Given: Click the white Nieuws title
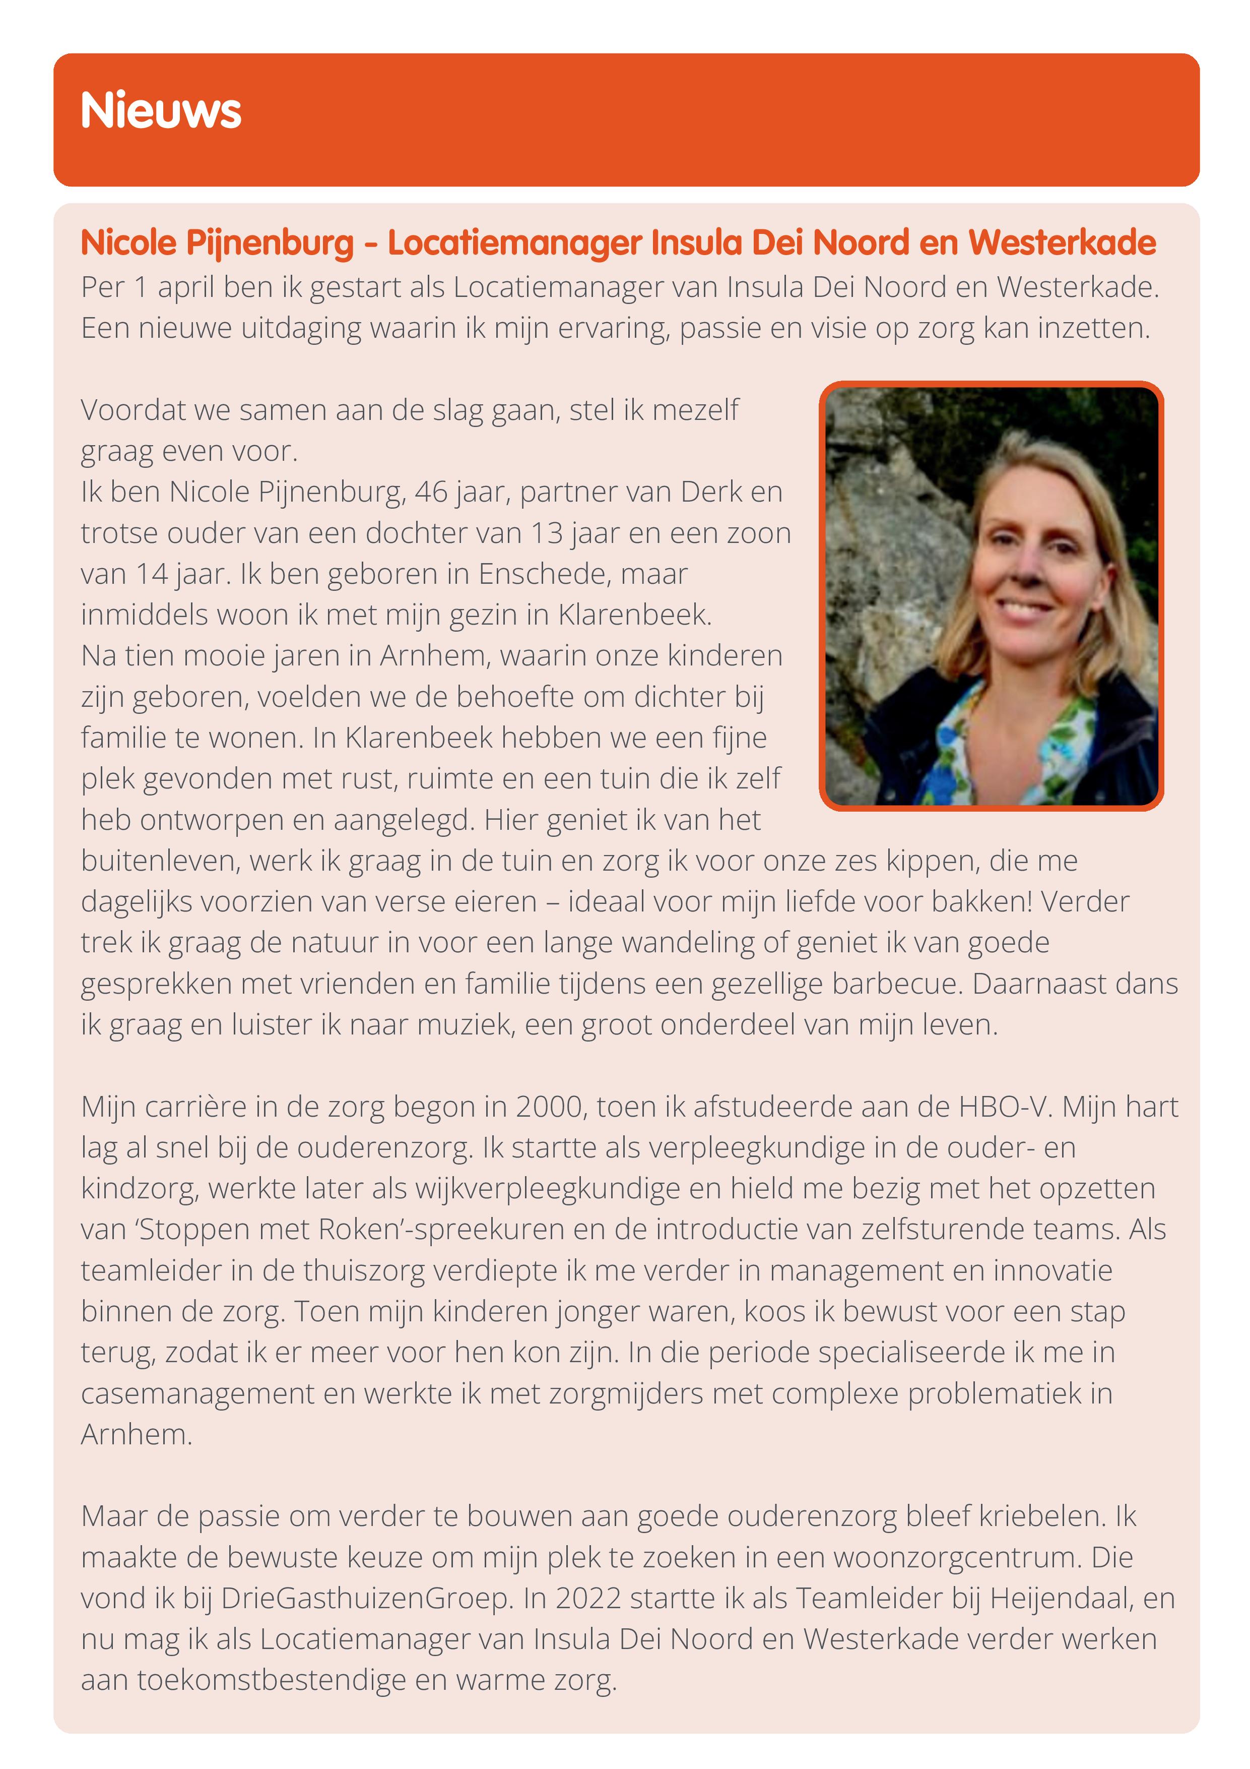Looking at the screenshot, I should (x=160, y=110).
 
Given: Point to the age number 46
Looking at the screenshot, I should (x=431, y=492).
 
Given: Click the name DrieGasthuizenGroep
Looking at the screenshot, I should (x=367, y=1598).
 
